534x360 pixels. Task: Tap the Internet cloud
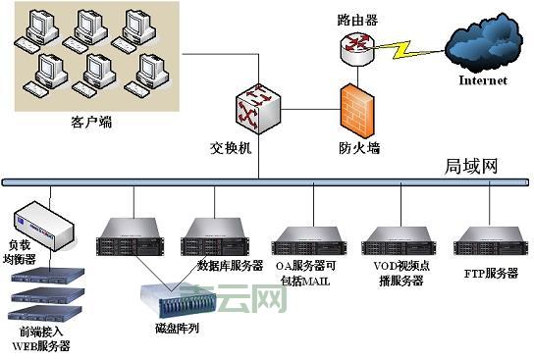[x=482, y=46]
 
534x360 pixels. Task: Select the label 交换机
[x=233, y=149]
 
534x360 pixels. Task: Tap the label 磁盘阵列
[x=177, y=329]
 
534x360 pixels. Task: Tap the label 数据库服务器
[x=231, y=266]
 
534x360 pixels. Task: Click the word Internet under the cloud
[x=483, y=80]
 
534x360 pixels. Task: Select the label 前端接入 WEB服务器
[x=40, y=339]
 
